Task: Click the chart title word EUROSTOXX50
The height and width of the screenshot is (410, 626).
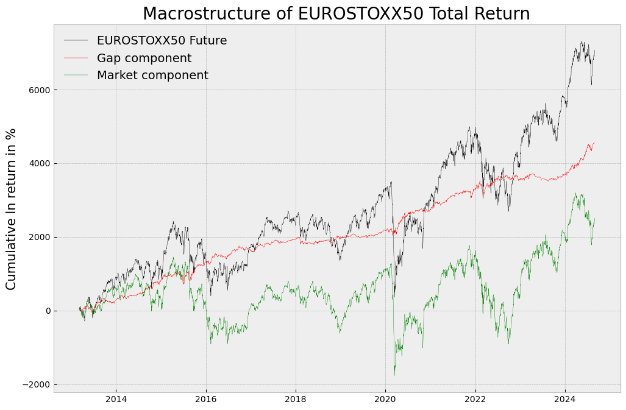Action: (360, 14)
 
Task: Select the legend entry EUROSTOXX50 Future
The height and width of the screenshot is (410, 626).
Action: (162, 41)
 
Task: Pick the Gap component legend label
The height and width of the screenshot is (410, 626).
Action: (144, 58)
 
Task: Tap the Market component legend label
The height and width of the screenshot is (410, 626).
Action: (152, 76)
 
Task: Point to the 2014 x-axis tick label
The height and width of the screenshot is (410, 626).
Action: (116, 400)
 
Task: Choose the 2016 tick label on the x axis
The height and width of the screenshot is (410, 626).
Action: (206, 400)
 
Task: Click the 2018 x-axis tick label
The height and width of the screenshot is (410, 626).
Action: (296, 400)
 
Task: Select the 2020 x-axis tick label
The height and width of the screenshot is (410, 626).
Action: (385, 400)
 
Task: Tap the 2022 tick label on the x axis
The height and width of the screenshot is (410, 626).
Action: (475, 400)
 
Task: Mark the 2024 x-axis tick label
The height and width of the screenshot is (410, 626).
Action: (565, 400)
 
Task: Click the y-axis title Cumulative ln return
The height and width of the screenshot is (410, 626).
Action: (12, 209)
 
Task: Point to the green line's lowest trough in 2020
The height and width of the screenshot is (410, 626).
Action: (394, 375)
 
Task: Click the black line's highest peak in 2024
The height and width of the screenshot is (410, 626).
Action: (581, 41)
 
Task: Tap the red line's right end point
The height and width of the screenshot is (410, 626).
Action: (594, 143)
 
